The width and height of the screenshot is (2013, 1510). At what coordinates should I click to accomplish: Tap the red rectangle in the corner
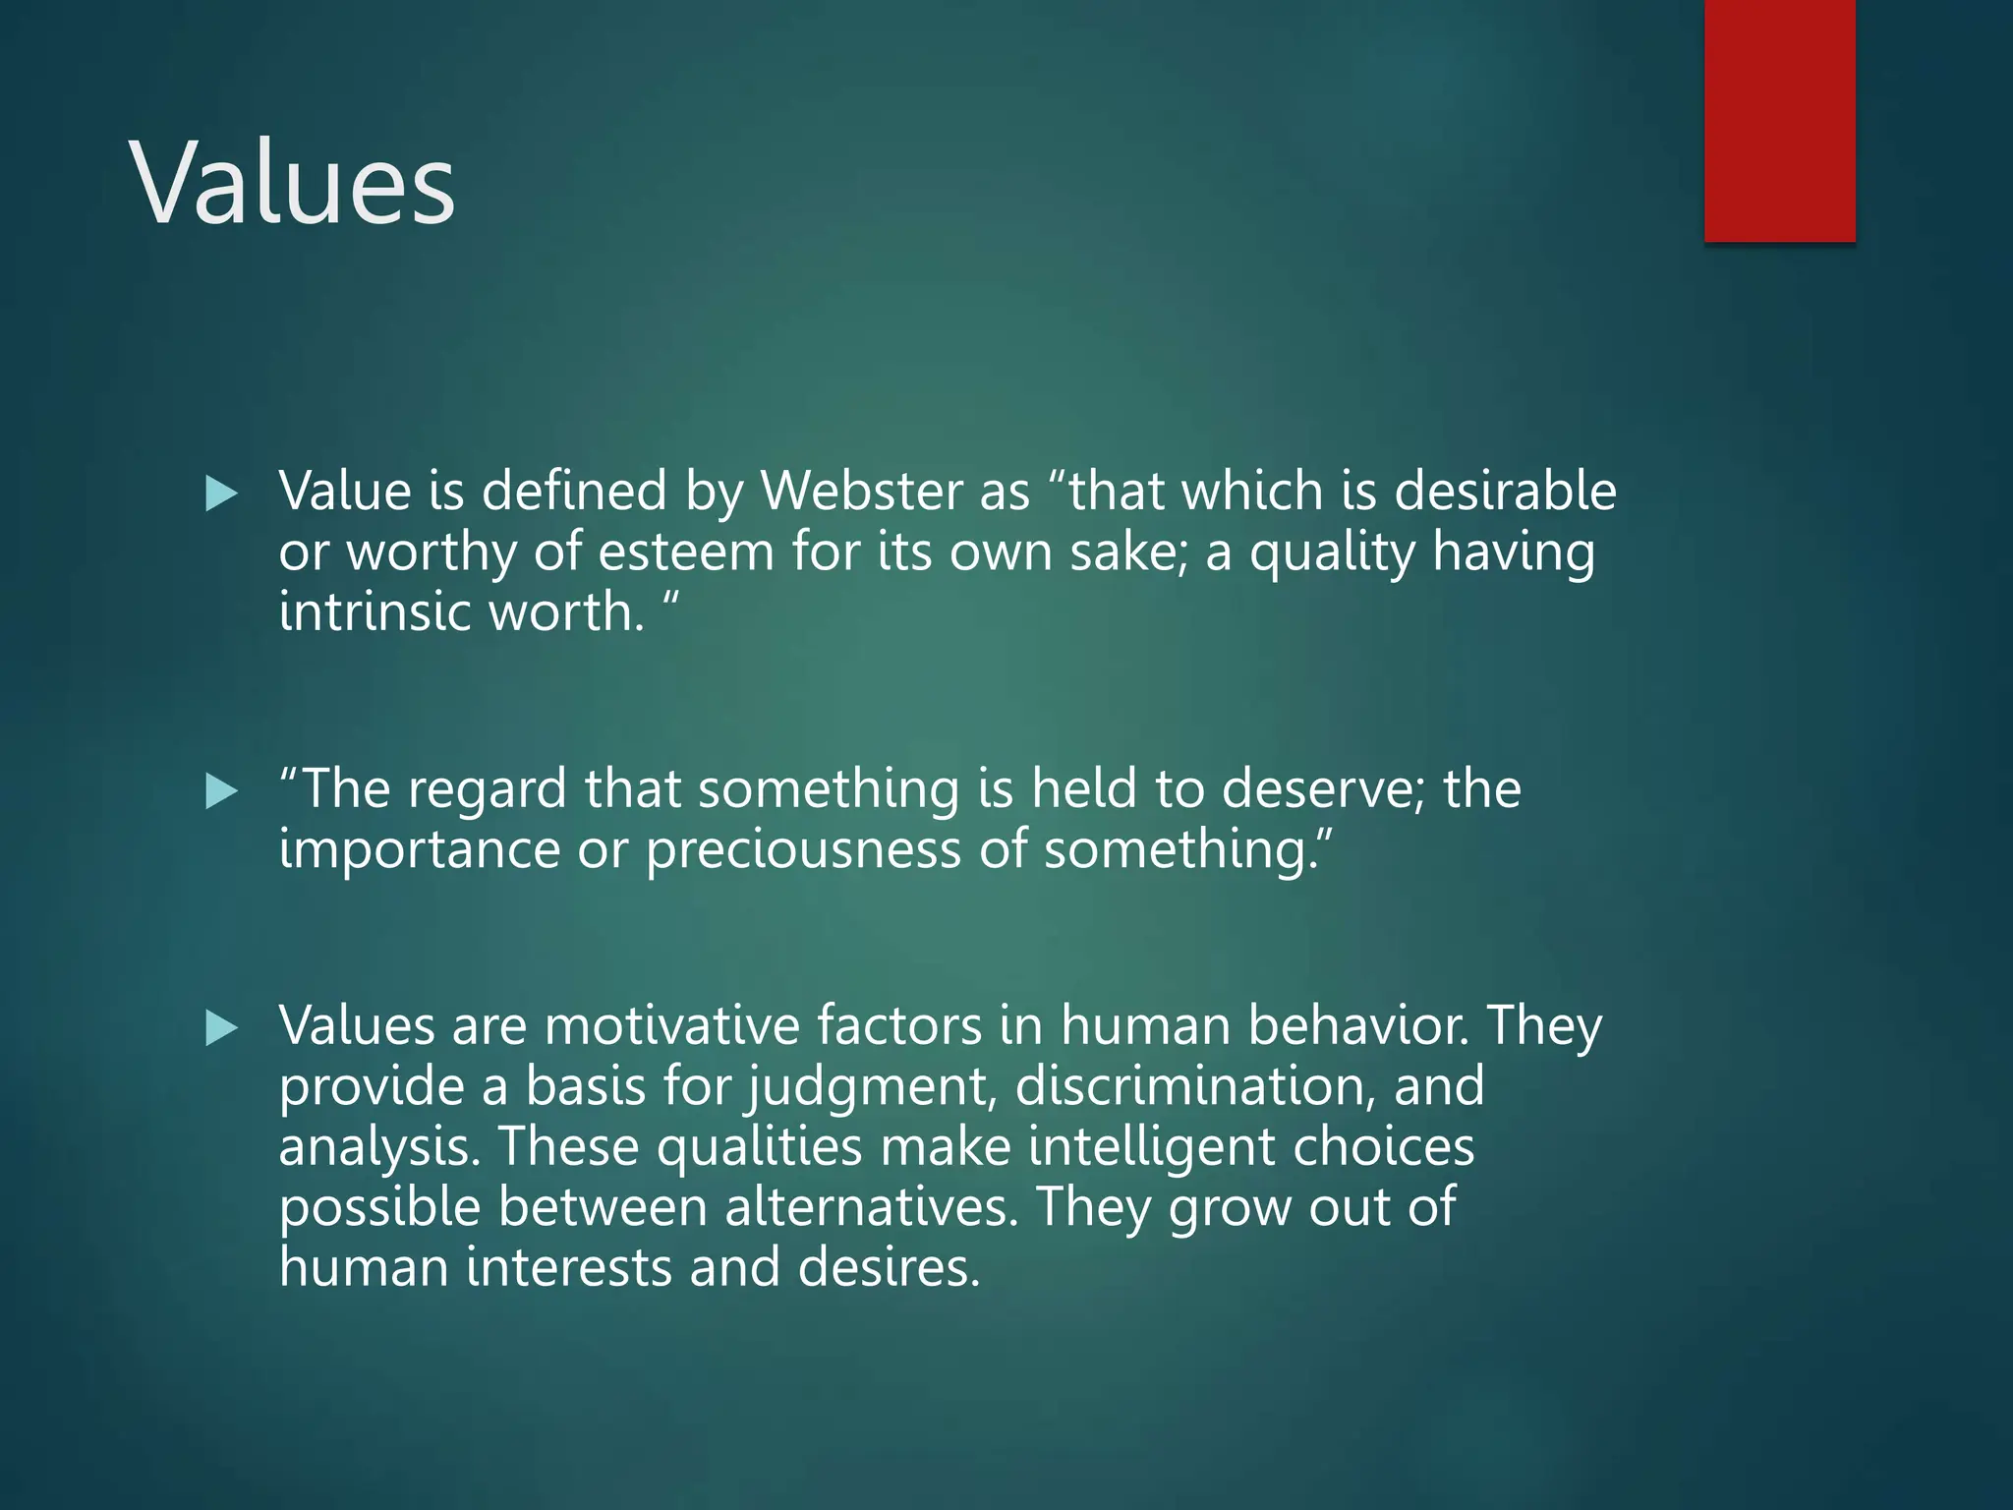[x=1779, y=120]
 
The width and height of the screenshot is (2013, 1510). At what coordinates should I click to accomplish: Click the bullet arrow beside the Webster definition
[x=221, y=494]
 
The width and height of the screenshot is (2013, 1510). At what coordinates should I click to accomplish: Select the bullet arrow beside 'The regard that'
[x=221, y=791]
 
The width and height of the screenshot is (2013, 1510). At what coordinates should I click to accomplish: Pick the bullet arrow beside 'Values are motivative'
[x=221, y=1029]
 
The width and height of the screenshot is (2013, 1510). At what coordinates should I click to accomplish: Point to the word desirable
[x=1505, y=491]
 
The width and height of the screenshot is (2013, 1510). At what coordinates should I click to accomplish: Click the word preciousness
[x=803, y=849]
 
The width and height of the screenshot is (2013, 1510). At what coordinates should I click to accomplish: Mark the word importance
[x=419, y=850]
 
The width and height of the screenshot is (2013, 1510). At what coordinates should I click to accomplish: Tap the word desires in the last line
[x=889, y=1268]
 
